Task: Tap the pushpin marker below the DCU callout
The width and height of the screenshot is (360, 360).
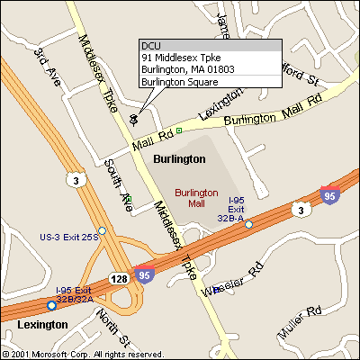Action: (x=134, y=118)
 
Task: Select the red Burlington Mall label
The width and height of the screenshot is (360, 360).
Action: (x=196, y=198)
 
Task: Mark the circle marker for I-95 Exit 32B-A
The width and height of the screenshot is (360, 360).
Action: (x=249, y=224)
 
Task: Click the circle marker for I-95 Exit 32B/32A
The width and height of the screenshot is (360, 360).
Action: (x=51, y=305)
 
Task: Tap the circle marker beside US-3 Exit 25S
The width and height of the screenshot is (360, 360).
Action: (x=102, y=230)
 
